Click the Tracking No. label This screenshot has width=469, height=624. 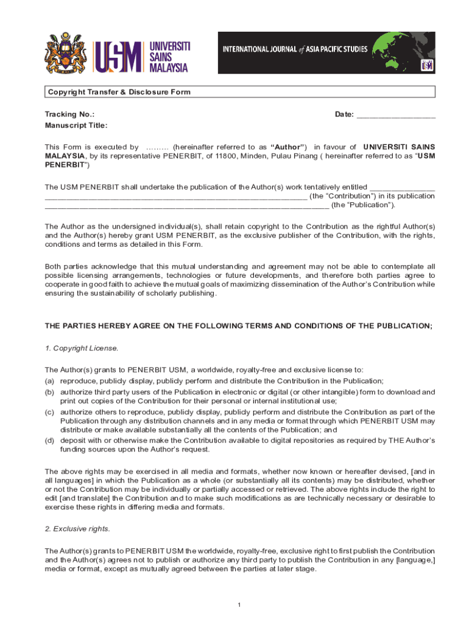pyautogui.click(x=69, y=114)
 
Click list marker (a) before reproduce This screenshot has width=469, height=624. pyautogui.click(x=49, y=380)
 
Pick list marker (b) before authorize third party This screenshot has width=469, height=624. pyautogui.click(x=49, y=392)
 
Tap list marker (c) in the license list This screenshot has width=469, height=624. pyautogui.click(x=49, y=412)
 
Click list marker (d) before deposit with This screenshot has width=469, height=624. pyautogui.click(x=49, y=440)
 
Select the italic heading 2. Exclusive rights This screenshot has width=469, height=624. pyautogui.click(x=77, y=528)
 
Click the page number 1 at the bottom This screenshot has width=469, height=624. pyautogui.click(x=240, y=604)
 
